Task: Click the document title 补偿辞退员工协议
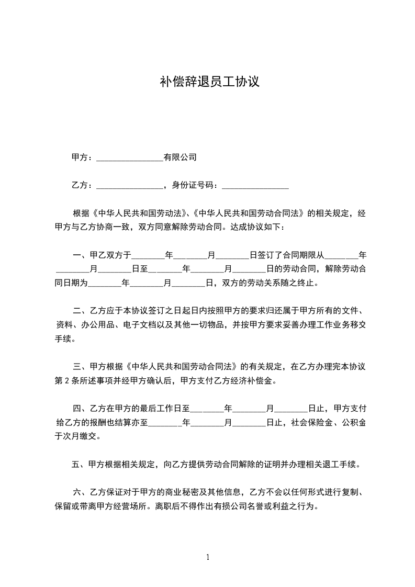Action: pyautogui.click(x=209, y=82)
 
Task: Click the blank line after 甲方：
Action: pyautogui.click(x=130, y=157)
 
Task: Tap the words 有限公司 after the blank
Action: pyautogui.click(x=180, y=157)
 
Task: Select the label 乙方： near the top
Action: pyautogui.click(x=83, y=185)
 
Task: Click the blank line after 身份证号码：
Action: pyautogui.click(x=255, y=186)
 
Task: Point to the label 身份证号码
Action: pyautogui.click(x=194, y=185)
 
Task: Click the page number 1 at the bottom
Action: pyautogui.click(x=208, y=557)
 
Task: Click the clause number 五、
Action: pyautogui.click(x=79, y=464)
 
